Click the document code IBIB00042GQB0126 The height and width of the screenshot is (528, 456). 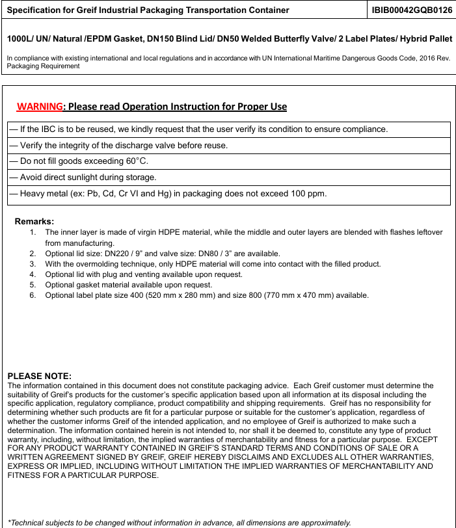(412, 10)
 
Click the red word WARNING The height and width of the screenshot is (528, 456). (40, 107)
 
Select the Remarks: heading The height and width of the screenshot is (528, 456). (34, 221)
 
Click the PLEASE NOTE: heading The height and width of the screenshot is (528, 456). (39, 376)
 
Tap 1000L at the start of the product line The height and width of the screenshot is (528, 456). (20, 39)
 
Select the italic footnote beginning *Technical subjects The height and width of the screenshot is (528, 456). (179, 522)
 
